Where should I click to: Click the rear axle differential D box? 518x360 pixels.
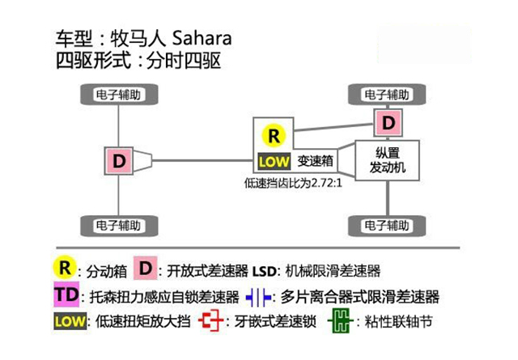coord(119,160)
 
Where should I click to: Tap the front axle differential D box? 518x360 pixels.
coord(388,123)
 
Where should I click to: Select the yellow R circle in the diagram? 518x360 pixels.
coord(274,135)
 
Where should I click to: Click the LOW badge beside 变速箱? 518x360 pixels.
coord(273,161)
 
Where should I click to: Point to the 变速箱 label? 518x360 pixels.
coord(316,161)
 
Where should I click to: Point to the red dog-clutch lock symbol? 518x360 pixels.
coord(210,321)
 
